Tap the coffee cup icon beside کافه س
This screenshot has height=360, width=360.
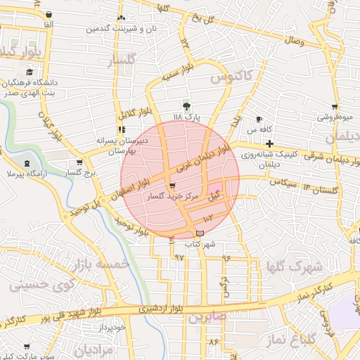[x=259, y=119]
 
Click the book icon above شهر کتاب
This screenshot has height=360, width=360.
[x=200, y=233]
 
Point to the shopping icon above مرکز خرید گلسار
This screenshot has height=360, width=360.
[x=173, y=186]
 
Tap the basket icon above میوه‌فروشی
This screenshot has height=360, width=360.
[x=335, y=108]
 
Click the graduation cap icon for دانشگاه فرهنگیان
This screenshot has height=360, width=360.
[x=29, y=72]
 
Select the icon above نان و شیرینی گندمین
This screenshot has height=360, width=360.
[x=121, y=18]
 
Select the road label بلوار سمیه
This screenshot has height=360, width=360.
[x=177, y=73]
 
